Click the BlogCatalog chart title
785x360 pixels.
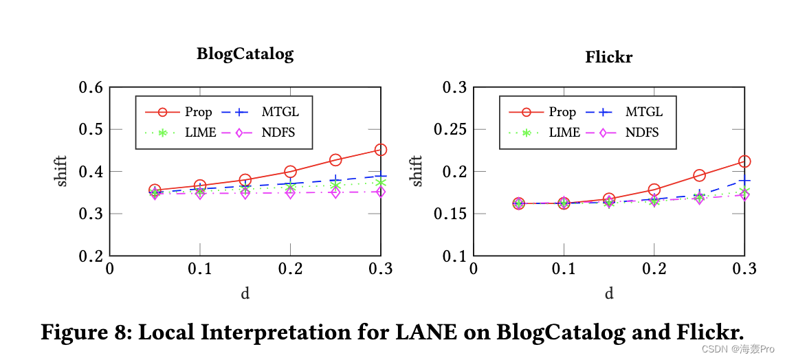[245, 54]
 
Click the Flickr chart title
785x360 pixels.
[608, 57]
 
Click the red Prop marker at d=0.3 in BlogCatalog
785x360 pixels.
[380, 150]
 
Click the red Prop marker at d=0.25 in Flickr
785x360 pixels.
[699, 176]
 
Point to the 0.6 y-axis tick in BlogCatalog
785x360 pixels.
[91, 87]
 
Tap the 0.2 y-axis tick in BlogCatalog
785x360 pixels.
[91, 256]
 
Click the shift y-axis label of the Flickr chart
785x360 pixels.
[417, 171]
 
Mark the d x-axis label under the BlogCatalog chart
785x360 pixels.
[245, 294]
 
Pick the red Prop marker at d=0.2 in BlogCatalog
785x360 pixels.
[290, 171]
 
